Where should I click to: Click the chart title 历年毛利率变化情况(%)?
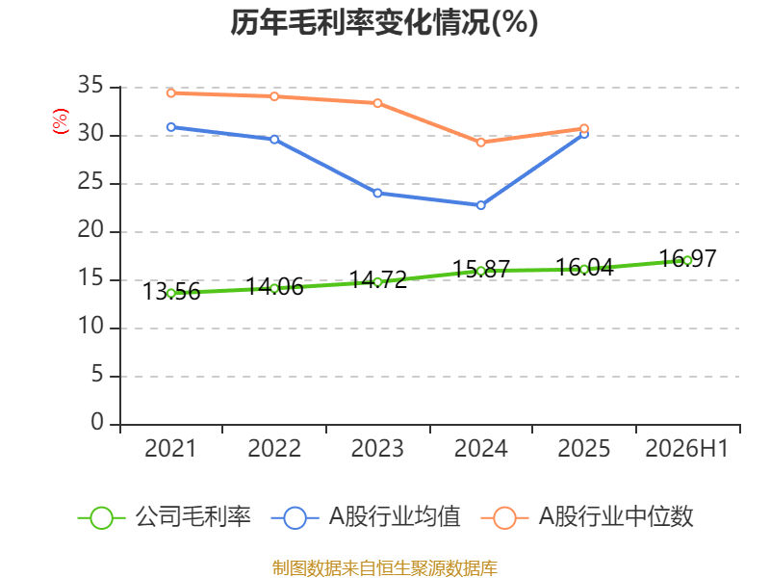[384, 22]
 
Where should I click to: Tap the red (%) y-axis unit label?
[61, 121]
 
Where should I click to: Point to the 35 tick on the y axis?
[90, 85]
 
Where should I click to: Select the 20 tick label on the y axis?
[90, 229]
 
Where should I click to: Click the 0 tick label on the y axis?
[97, 422]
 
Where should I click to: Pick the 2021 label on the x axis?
[170, 448]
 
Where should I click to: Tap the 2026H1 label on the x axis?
[686, 448]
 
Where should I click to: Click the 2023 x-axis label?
[377, 448]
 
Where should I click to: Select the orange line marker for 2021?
[171, 92]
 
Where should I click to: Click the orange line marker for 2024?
[480, 143]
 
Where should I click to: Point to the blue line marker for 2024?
[480, 205]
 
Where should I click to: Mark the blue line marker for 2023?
[377, 194]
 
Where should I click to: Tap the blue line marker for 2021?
[171, 127]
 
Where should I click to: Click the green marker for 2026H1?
[687, 260]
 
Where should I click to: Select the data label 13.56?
[171, 292]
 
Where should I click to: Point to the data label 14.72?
[378, 280]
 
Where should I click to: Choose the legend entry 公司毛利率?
[165, 517]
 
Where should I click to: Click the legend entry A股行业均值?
[366, 517]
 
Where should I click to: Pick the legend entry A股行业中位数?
[587, 517]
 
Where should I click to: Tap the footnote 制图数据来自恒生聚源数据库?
[385, 568]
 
